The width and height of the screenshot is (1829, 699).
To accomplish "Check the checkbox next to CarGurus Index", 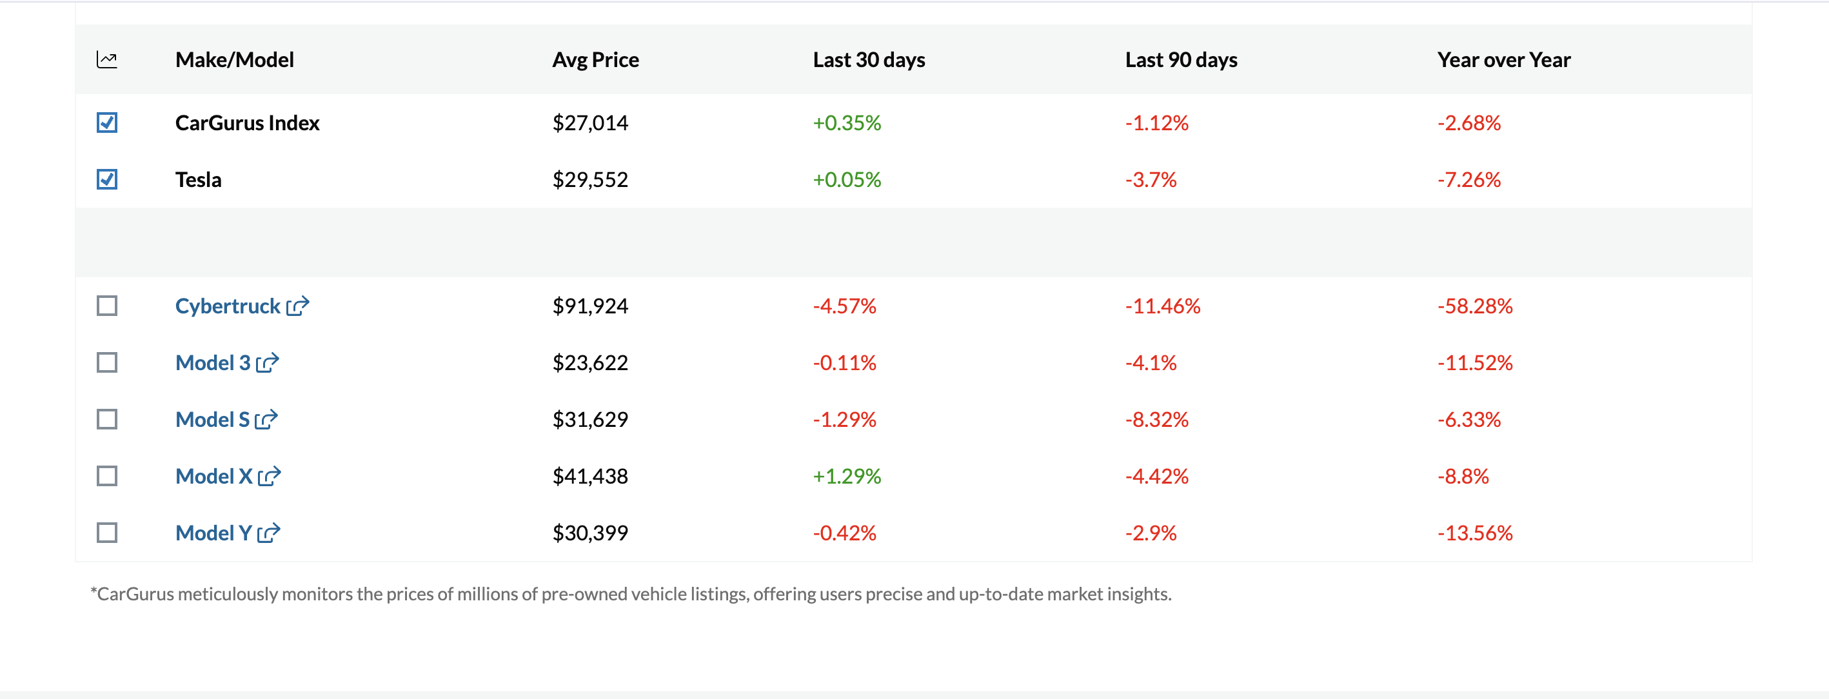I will pos(106,123).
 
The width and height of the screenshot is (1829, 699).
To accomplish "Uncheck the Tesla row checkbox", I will pos(106,179).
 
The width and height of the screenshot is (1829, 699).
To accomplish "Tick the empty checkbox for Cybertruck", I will pos(106,306).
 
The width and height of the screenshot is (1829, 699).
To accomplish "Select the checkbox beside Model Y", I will pos(106,533).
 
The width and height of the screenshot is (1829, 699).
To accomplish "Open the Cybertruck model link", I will pos(227,306).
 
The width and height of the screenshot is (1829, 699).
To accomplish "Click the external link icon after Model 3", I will pos(268,363).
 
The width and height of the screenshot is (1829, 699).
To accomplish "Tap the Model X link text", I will pos(213,476).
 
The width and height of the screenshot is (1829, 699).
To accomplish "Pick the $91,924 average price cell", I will pos(590,306).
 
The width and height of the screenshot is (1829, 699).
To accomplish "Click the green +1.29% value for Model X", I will pos(846,476).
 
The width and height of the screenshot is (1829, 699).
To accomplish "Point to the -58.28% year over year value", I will pos(1475,306).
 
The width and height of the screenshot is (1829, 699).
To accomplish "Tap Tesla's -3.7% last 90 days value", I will pos(1151,179).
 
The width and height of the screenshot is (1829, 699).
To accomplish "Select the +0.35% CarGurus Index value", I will pos(846,123).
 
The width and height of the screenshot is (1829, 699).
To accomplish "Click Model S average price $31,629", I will pos(590,419).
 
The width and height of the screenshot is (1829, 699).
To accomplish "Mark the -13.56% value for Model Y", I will pos(1475,533).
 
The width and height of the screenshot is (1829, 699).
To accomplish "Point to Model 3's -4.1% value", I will pos(1151,362).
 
